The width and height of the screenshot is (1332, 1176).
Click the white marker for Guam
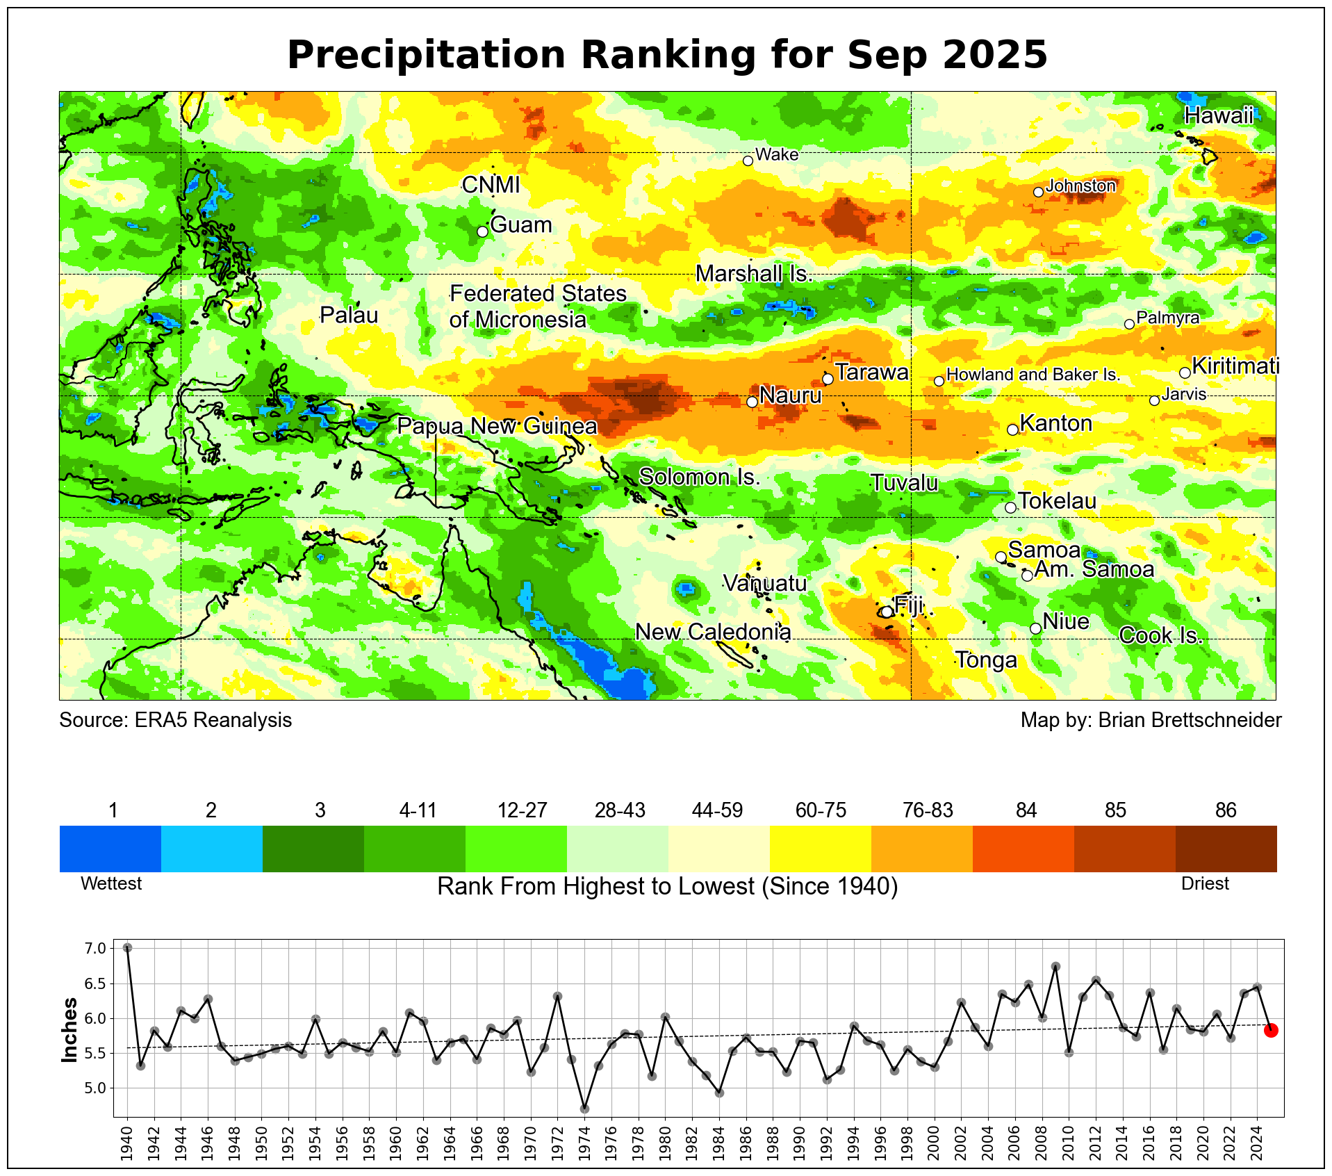[x=483, y=231]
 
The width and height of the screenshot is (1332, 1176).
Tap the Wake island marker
[x=748, y=161]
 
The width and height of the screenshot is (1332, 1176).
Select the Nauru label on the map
[x=790, y=395]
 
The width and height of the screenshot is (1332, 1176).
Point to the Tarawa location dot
[x=828, y=379]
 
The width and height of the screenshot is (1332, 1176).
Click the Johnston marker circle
[x=1038, y=192]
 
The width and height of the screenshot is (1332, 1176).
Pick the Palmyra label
[x=1167, y=318]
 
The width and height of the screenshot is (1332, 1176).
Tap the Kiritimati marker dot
[x=1185, y=373]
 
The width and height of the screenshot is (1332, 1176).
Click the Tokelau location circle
[x=1010, y=507]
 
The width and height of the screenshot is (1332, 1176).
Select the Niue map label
[x=1066, y=621]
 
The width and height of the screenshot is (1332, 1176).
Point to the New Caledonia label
[x=713, y=632]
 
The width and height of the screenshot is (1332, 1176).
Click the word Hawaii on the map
[x=1219, y=115]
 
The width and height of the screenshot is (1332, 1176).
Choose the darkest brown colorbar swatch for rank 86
[x=1226, y=848]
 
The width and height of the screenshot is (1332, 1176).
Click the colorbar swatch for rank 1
[x=110, y=848]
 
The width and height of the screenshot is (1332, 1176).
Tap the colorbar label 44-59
[x=718, y=810]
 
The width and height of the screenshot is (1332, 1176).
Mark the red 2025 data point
[x=1271, y=1030]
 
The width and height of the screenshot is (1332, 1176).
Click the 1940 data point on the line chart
[x=127, y=947]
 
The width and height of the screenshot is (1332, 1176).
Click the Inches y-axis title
[x=70, y=1030]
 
